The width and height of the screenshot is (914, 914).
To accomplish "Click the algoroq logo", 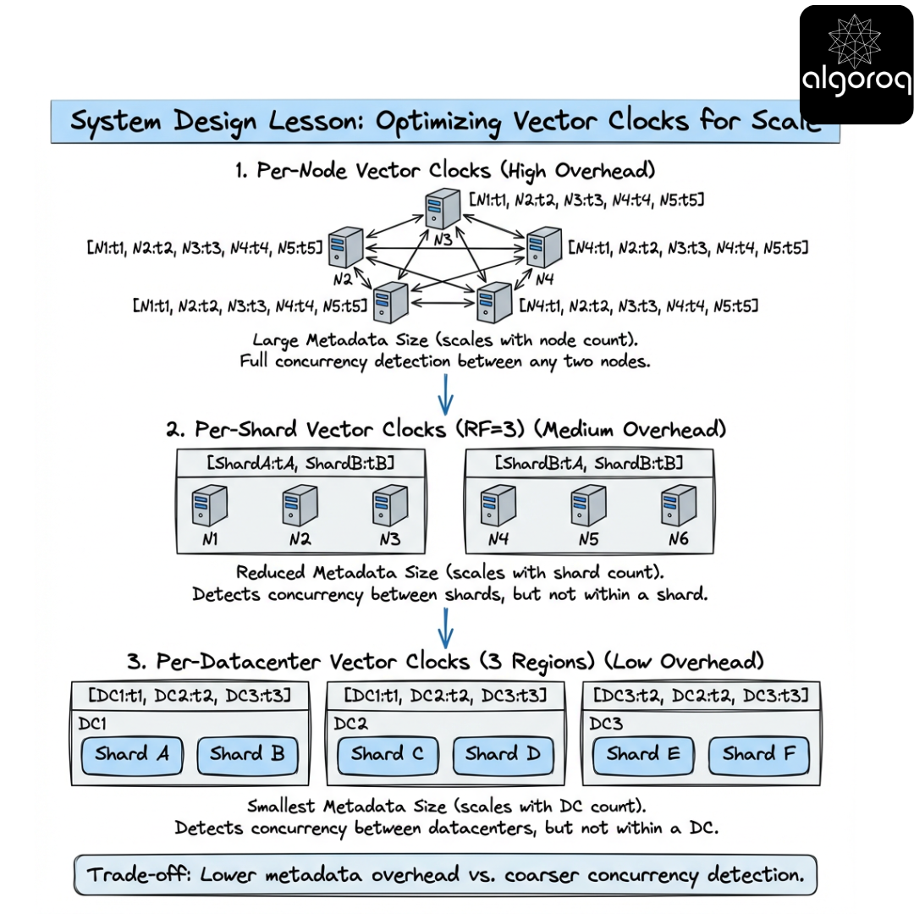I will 856,64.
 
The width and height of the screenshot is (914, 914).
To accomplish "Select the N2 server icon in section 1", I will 344,246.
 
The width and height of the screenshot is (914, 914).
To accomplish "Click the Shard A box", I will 131,755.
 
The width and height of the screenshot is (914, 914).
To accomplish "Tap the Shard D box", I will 504,755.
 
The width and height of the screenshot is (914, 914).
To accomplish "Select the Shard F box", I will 759,755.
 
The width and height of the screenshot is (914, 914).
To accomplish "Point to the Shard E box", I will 642,755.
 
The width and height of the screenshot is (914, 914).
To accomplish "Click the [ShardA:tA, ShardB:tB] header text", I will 299,463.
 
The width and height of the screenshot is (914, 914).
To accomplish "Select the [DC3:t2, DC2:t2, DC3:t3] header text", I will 700,696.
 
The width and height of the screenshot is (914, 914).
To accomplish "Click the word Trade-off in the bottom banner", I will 135,874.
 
